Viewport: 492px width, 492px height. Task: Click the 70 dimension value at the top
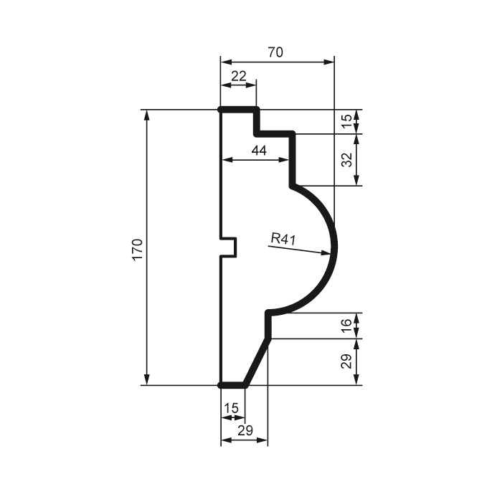(276, 52)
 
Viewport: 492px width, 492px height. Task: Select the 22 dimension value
(238, 75)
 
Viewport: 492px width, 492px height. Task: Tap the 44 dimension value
(259, 150)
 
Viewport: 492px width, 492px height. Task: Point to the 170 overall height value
(138, 248)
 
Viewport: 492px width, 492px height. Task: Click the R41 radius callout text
(283, 238)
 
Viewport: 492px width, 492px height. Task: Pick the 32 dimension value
(347, 160)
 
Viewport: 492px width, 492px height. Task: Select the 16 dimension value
(347, 326)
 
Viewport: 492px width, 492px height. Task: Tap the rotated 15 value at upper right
(347, 122)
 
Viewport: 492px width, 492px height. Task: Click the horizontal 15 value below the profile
(232, 408)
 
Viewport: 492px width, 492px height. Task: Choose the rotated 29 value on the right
(347, 361)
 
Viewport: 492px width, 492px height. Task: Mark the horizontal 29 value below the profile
(244, 430)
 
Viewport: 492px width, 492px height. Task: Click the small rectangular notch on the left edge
(229, 247)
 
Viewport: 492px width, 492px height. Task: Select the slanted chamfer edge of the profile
(257, 361)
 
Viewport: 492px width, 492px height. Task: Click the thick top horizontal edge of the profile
(239, 110)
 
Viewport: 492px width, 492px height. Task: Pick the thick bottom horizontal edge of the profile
(232, 385)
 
